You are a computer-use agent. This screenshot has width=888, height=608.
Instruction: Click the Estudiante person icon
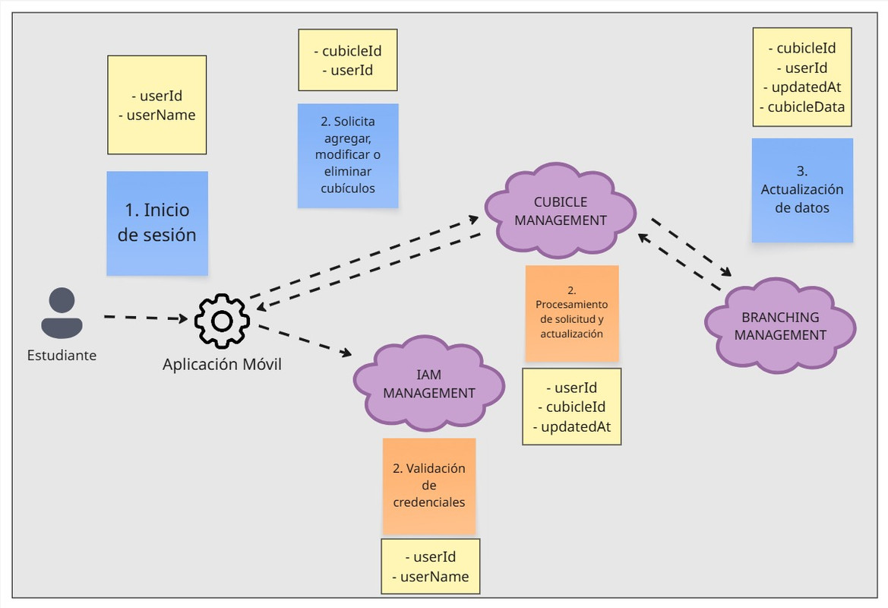click(62, 313)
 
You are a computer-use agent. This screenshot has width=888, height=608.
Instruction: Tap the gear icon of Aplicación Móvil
click(222, 321)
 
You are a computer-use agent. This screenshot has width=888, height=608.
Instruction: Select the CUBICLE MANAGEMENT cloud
click(561, 211)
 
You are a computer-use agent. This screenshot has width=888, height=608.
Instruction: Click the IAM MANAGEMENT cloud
click(429, 384)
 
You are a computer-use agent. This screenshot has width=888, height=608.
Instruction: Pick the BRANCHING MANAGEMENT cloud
click(780, 326)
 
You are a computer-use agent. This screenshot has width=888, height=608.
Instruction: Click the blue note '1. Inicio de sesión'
click(157, 223)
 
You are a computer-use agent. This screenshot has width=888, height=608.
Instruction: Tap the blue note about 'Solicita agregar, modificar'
click(348, 155)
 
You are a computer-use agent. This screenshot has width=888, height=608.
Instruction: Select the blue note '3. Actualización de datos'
click(802, 190)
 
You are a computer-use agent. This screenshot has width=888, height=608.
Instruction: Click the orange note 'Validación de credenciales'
click(429, 486)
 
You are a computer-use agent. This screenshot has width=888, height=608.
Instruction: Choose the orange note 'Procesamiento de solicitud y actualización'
click(572, 313)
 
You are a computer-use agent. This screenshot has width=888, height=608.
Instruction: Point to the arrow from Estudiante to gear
click(144, 317)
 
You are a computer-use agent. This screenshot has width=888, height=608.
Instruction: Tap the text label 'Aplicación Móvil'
click(222, 364)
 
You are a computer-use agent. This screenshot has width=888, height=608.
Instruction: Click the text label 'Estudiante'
click(62, 355)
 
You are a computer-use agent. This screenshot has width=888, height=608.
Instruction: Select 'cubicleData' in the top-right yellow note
click(806, 107)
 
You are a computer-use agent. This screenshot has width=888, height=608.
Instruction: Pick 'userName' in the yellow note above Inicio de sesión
click(160, 115)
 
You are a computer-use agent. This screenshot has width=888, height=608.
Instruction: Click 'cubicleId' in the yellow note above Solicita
click(352, 52)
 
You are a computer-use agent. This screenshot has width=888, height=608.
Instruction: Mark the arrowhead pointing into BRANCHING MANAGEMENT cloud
click(726, 273)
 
